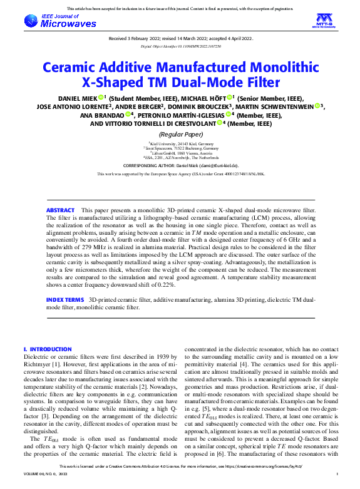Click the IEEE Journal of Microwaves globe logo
tap(32, 21)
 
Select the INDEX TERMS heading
tap(64, 301)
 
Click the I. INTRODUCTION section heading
tap(48, 349)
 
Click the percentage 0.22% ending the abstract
tap(166, 285)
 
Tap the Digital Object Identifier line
tap(180, 46)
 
